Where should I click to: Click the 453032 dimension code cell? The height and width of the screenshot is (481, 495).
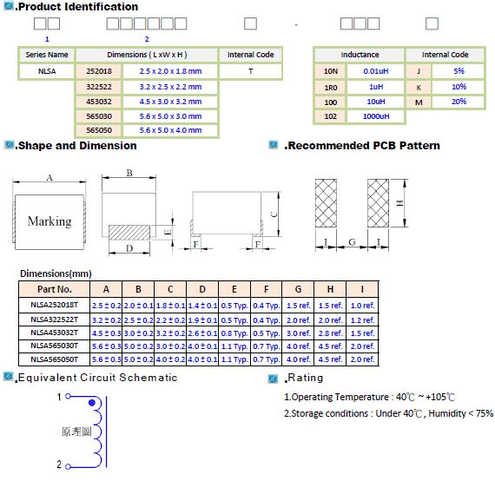pyautogui.click(x=99, y=102)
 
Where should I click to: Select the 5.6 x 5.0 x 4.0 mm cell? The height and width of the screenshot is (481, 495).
pyautogui.click(x=170, y=130)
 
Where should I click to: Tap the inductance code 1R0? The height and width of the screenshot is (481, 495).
pyautogui.click(x=331, y=88)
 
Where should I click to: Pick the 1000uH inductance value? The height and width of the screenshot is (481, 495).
pyautogui.click(x=376, y=116)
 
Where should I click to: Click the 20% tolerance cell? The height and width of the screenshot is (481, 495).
pyautogui.click(x=459, y=102)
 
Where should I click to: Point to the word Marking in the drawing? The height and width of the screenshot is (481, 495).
pyautogui.click(x=49, y=221)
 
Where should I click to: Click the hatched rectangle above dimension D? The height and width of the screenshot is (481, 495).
pyautogui.click(x=129, y=233)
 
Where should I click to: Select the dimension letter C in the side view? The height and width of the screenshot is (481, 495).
pyautogui.click(x=274, y=214)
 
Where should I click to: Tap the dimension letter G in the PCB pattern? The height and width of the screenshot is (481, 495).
pyautogui.click(x=352, y=242)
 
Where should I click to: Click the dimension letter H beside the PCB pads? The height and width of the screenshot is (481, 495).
pyautogui.click(x=399, y=203)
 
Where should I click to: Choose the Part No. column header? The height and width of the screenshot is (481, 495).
pyautogui.click(x=55, y=289)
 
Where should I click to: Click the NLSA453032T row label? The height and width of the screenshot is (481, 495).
pyautogui.click(x=55, y=333)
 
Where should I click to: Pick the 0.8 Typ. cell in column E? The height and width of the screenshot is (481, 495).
pyautogui.click(x=234, y=333)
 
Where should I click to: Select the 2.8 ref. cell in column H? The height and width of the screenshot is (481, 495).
pyautogui.click(x=330, y=333)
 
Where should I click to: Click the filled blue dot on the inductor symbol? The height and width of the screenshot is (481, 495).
pyautogui.click(x=92, y=403)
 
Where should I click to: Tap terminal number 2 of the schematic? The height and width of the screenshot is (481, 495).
pyautogui.click(x=59, y=465)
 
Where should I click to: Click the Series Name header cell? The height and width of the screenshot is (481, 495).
pyautogui.click(x=47, y=55)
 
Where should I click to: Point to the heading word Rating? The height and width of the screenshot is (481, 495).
pyautogui.click(x=306, y=378)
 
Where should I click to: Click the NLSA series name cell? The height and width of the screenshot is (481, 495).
pyautogui.click(x=47, y=71)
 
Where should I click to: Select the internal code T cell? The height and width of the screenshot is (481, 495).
pyautogui.click(x=250, y=71)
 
